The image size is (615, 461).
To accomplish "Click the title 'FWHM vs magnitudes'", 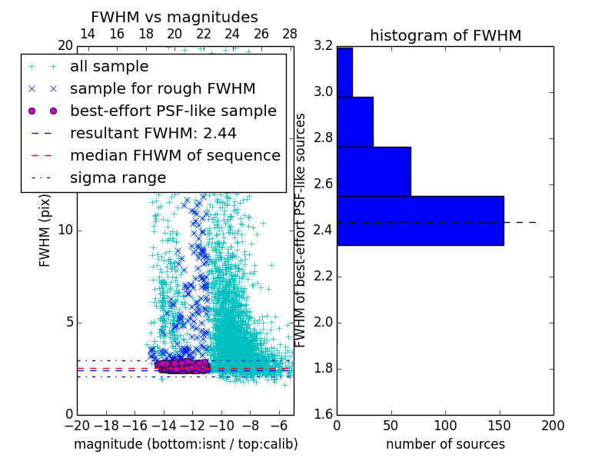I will pos(175,17).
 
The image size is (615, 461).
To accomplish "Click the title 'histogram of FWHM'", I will pos(445,35).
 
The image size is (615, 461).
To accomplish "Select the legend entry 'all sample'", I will pos(109,67).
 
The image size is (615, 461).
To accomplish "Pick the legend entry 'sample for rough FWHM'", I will pos(162,89).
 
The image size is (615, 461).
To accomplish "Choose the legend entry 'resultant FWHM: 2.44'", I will pos(153,133).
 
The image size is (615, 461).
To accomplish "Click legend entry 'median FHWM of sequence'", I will pos(175,155).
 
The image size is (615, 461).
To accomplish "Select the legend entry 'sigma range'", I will pos(118,177).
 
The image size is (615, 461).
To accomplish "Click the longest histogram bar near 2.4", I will pos(420,221).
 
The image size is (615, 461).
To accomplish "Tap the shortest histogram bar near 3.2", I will pos(344,72).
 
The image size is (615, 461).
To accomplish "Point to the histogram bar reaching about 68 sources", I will pos(374,171).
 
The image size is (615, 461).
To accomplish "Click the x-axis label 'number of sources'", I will pos(445,444).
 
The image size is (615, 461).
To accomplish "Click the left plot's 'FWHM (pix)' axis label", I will pos(45,230).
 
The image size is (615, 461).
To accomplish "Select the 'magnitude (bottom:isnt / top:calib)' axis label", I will pos(185,444).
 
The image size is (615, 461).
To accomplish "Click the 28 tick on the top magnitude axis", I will pos(290,34).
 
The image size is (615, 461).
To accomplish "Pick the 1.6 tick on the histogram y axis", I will pos(323,415).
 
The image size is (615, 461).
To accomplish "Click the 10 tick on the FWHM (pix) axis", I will pos(66,230).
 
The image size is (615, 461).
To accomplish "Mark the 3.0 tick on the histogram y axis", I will pos(323,92).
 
